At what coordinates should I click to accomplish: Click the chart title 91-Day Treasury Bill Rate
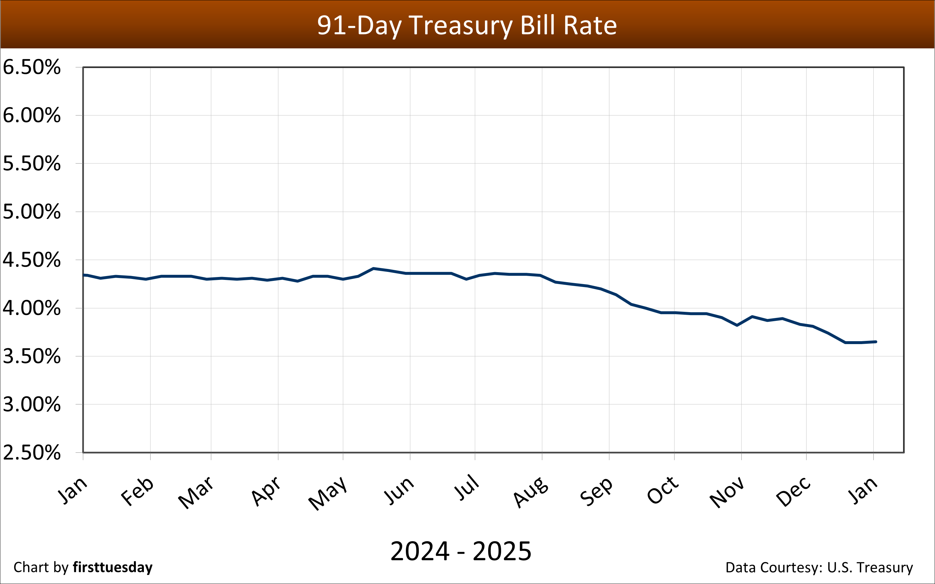[467, 25]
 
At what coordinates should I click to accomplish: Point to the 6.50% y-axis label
[32, 67]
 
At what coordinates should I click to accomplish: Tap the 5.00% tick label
[32, 212]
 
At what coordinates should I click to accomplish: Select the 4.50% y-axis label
[32, 260]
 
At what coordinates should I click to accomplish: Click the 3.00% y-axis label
[32, 404]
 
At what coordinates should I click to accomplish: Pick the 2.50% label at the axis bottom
[32, 453]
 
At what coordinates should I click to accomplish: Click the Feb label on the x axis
[137, 491]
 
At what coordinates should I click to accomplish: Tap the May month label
[327, 493]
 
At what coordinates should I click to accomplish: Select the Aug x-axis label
[531, 492]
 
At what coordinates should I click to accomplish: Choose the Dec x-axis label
[794, 491]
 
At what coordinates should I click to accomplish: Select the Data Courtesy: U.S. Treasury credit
[819, 567]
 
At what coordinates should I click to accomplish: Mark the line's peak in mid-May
[373, 268]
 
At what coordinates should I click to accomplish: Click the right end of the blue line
[876, 342]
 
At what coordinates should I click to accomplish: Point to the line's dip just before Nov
[737, 325]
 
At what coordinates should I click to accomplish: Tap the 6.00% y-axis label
[32, 115]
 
